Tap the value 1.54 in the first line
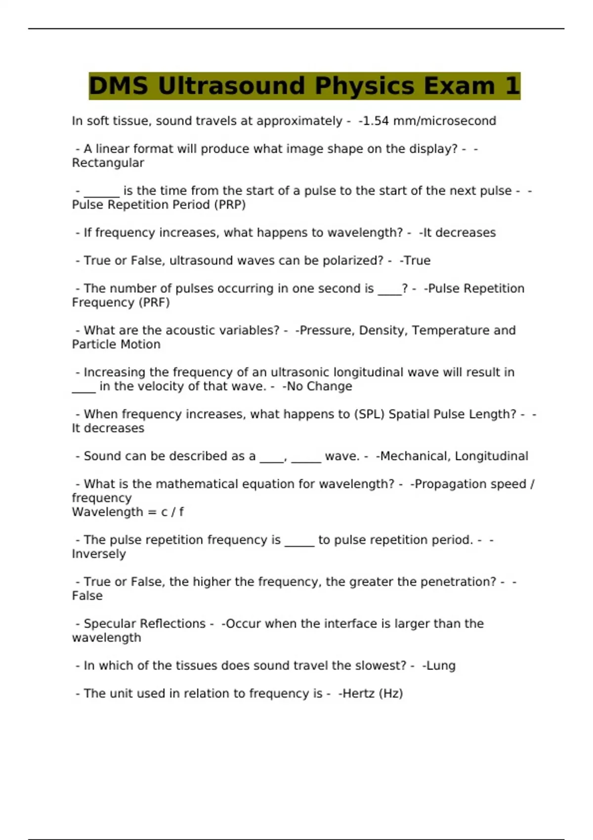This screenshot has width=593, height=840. [x=376, y=121]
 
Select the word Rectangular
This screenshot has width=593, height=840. [x=108, y=163]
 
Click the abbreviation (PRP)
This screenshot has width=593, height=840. [x=230, y=205]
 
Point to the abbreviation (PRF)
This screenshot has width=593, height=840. [x=155, y=302]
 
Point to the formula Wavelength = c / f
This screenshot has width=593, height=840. [x=127, y=512]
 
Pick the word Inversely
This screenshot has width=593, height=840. [x=99, y=554]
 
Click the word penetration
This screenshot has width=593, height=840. [x=458, y=582]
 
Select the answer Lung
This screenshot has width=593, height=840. [x=441, y=666]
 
